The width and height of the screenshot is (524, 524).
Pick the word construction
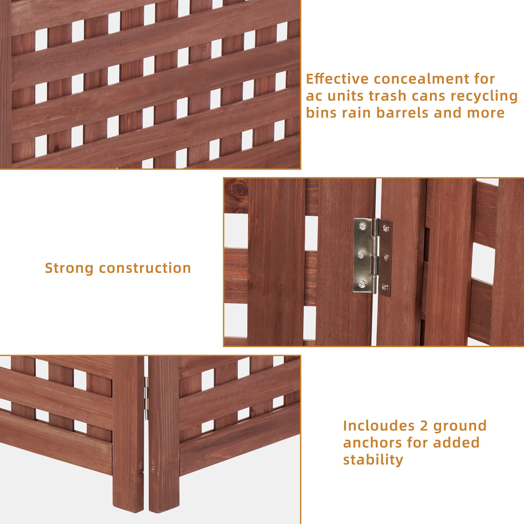[x=145, y=268]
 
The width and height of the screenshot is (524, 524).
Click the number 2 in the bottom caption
[x=424, y=426]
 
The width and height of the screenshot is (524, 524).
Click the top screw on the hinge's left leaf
[x=362, y=226]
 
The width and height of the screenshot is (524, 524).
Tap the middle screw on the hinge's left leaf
[x=361, y=255]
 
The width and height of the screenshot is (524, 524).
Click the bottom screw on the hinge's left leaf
[x=362, y=284]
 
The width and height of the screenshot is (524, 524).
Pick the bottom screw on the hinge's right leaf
[x=384, y=286]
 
